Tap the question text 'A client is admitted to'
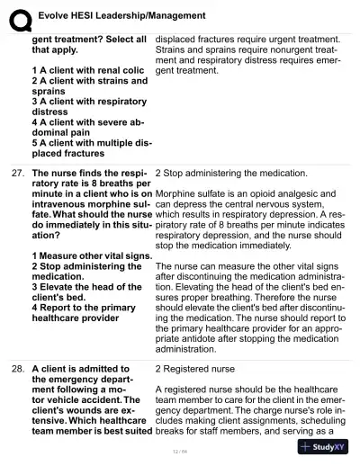pos(81,369)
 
